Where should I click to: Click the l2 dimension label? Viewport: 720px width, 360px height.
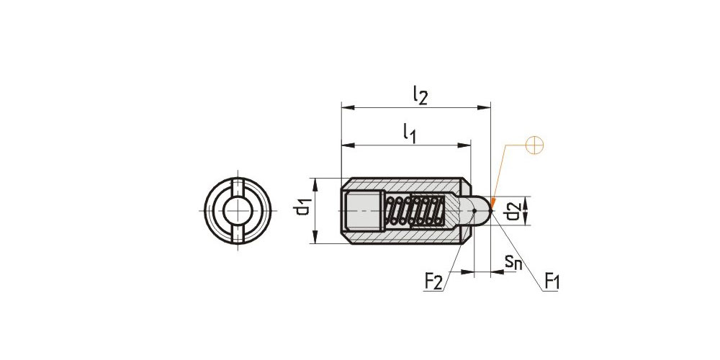click(420, 96)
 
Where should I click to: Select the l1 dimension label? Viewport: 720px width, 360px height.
click(410, 134)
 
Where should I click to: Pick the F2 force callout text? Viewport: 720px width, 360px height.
click(433, 282)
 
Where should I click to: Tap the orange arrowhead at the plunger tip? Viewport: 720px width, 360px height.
click(492, 202)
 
